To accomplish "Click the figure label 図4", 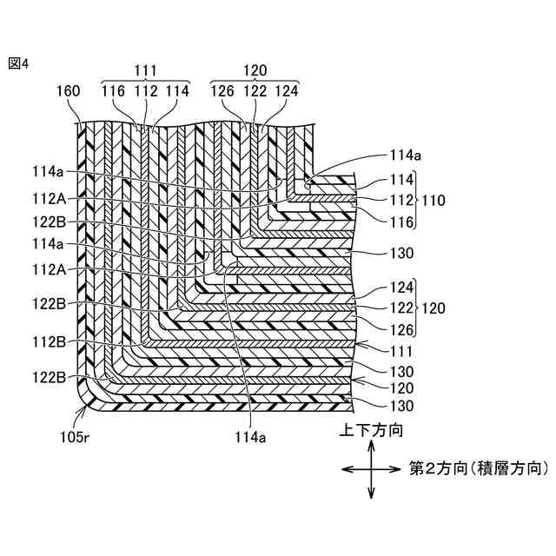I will [x=18, y=63].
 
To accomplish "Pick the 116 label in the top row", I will [x=114, y=89].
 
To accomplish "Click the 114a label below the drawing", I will [x=248, y=437].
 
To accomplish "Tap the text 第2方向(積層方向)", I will [x=478, y=468].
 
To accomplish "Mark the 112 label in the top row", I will [x=144, y=89].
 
